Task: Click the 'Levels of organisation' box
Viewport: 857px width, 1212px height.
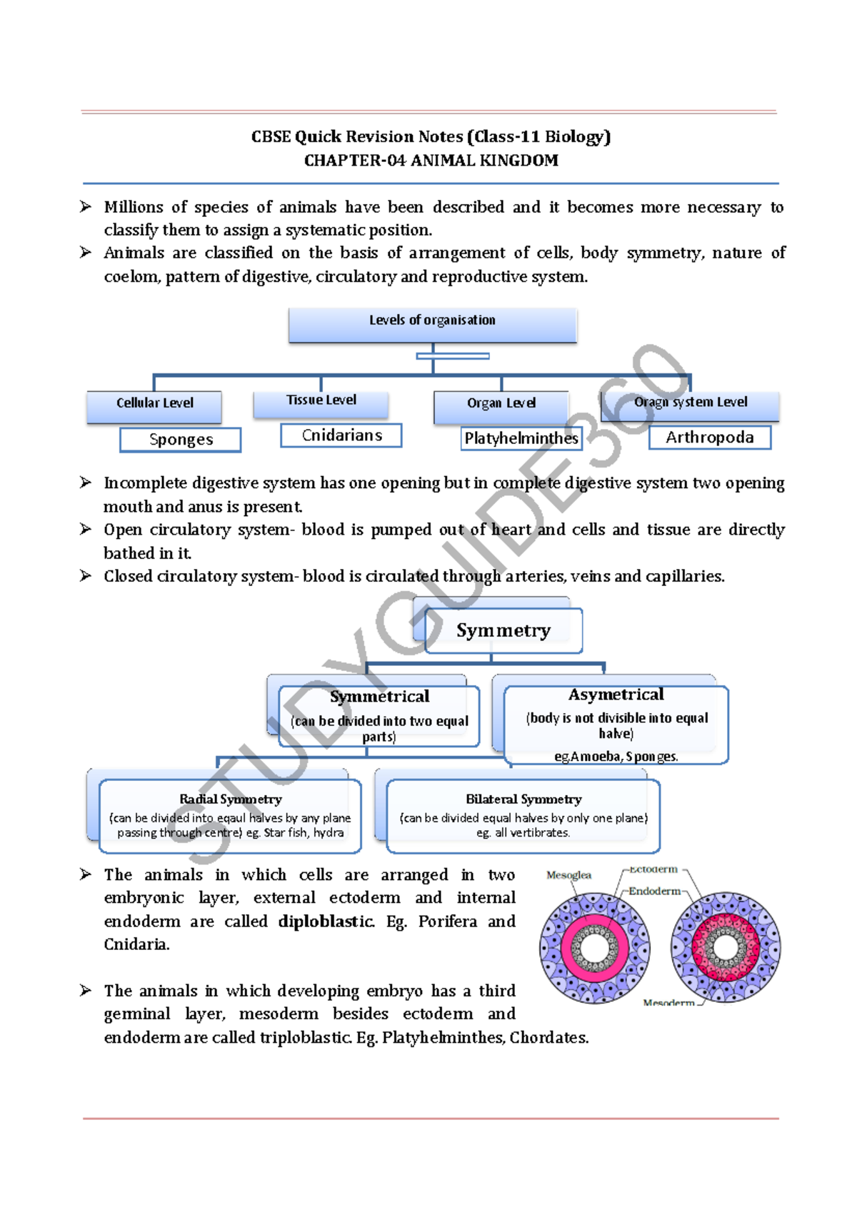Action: pyautogui.click(x=432, y=320)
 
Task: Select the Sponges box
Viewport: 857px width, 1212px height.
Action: pyautogui.click(x=181, y=440)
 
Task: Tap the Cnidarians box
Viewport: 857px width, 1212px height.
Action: pyautogui.click(x=341, y=435)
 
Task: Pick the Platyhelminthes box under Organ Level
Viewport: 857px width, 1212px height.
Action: pyautogui.click(x=521, y=438)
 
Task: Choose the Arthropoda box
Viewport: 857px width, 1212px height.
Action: pyautogui.click(x=709, y=438)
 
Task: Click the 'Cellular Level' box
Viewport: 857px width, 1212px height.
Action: pyautogui.click(x=154, y=403)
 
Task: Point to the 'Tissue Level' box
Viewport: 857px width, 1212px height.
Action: pyautogui.click(x=321, y=400)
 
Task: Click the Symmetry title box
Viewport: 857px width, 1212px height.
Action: pyautogui.click(x=503, y=630)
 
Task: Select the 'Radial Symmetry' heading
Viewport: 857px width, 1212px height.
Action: pyautogui.click(x=231, y=799)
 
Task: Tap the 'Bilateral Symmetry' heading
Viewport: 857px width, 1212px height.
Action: pyautogui.click(x=523, y=799)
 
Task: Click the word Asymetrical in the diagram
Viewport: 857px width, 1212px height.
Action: pyautogui.click(x=616, y=695)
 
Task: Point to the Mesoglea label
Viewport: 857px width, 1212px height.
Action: pyautogui.click(x=568, y=875)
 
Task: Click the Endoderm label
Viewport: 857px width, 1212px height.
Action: pyautogui.click(x=654, y=891)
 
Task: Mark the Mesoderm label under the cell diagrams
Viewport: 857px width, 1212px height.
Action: pyautogui.click(x=668, y=1002)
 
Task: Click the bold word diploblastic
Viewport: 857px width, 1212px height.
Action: pyautogui.click(x=326, y=921)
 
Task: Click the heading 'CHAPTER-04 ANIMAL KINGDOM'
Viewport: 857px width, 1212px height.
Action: pyautogui.click(x=431, y=161)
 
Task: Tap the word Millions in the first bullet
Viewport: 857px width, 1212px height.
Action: pyautogui.click(x=134, y=207)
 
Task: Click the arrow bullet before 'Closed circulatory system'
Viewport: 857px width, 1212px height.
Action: pyautogui.click(x=86, y=576)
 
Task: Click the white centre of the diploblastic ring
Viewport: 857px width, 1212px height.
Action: pyautogui.click(x=594, y=948)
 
